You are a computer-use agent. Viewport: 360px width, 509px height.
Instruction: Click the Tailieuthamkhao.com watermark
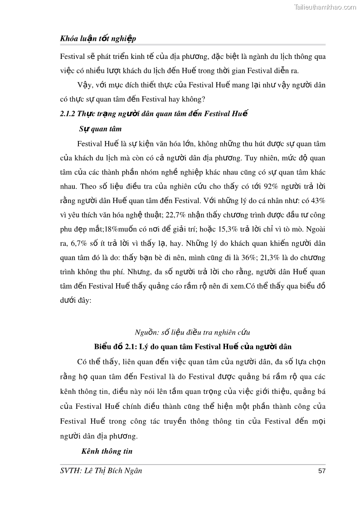325,7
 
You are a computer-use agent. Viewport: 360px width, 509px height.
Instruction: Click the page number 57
322,471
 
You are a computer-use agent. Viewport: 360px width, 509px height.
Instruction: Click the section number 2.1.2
68,114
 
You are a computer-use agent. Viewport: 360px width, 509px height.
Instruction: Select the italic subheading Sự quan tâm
100,129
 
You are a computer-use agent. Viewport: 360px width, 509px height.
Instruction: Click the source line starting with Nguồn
193,332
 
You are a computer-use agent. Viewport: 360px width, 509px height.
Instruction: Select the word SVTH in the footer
71,470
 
